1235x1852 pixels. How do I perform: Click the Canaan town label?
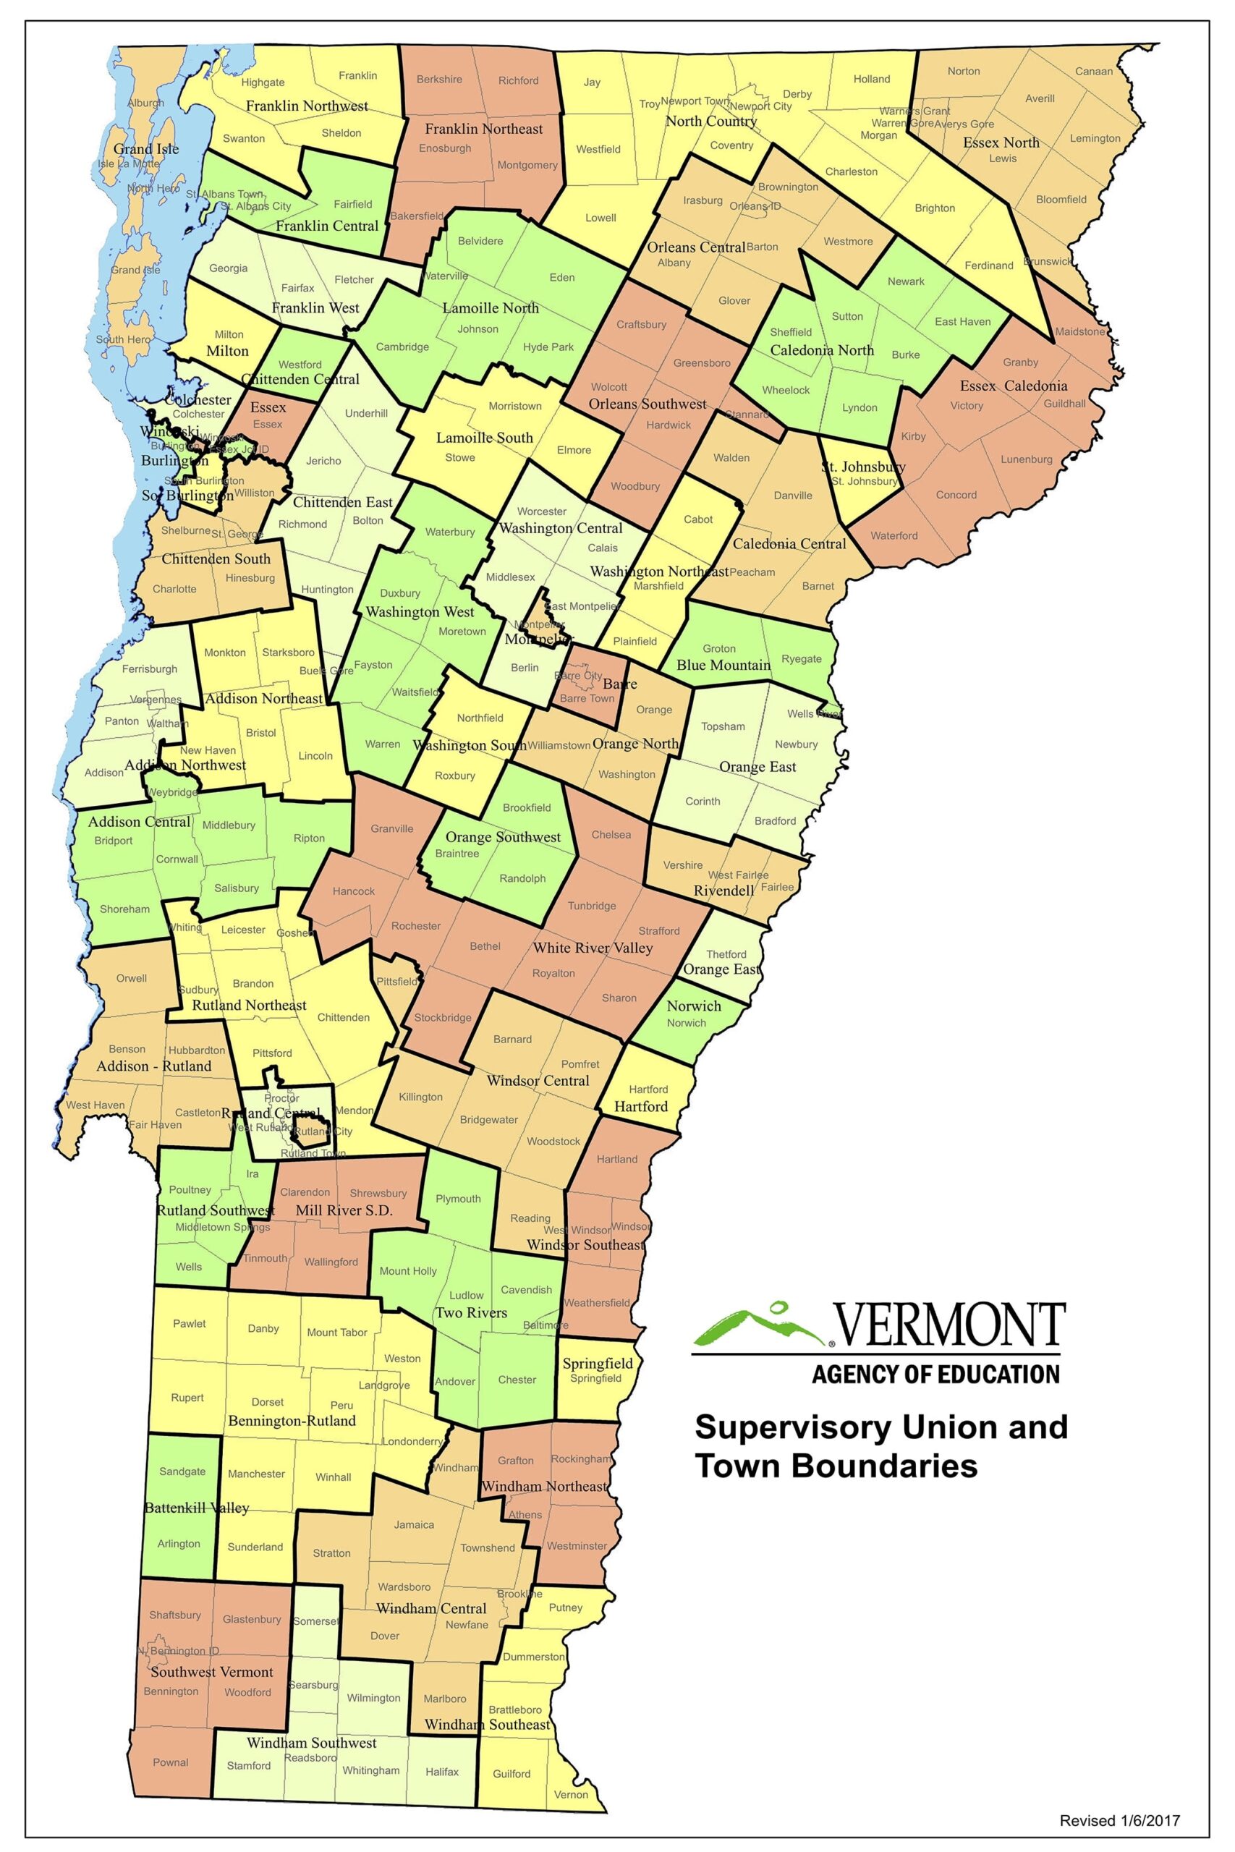coord(1094,71)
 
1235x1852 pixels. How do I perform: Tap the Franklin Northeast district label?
coord(483,128)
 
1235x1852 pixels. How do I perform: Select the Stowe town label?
coord(460,457)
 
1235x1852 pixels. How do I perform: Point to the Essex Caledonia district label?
coord(1013,386)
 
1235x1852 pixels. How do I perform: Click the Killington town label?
coord(420,1097)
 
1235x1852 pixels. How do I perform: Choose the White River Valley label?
coord(593,947)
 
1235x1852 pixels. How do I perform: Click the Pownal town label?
coord(170,1762)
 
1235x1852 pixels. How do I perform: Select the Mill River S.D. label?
coord(344,1210)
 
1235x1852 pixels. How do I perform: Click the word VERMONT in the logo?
coord(949,1326)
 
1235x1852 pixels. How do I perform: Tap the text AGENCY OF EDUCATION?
coord(935,1375)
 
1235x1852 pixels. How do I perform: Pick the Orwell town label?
coord(132,978)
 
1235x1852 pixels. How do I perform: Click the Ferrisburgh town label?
coord(150,669)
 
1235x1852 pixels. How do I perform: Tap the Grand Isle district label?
coord(145,149)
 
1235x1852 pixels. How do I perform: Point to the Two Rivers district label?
coord(471,1312)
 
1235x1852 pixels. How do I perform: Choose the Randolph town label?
coord(522,878)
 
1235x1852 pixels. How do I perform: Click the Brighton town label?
coord(934,208)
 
